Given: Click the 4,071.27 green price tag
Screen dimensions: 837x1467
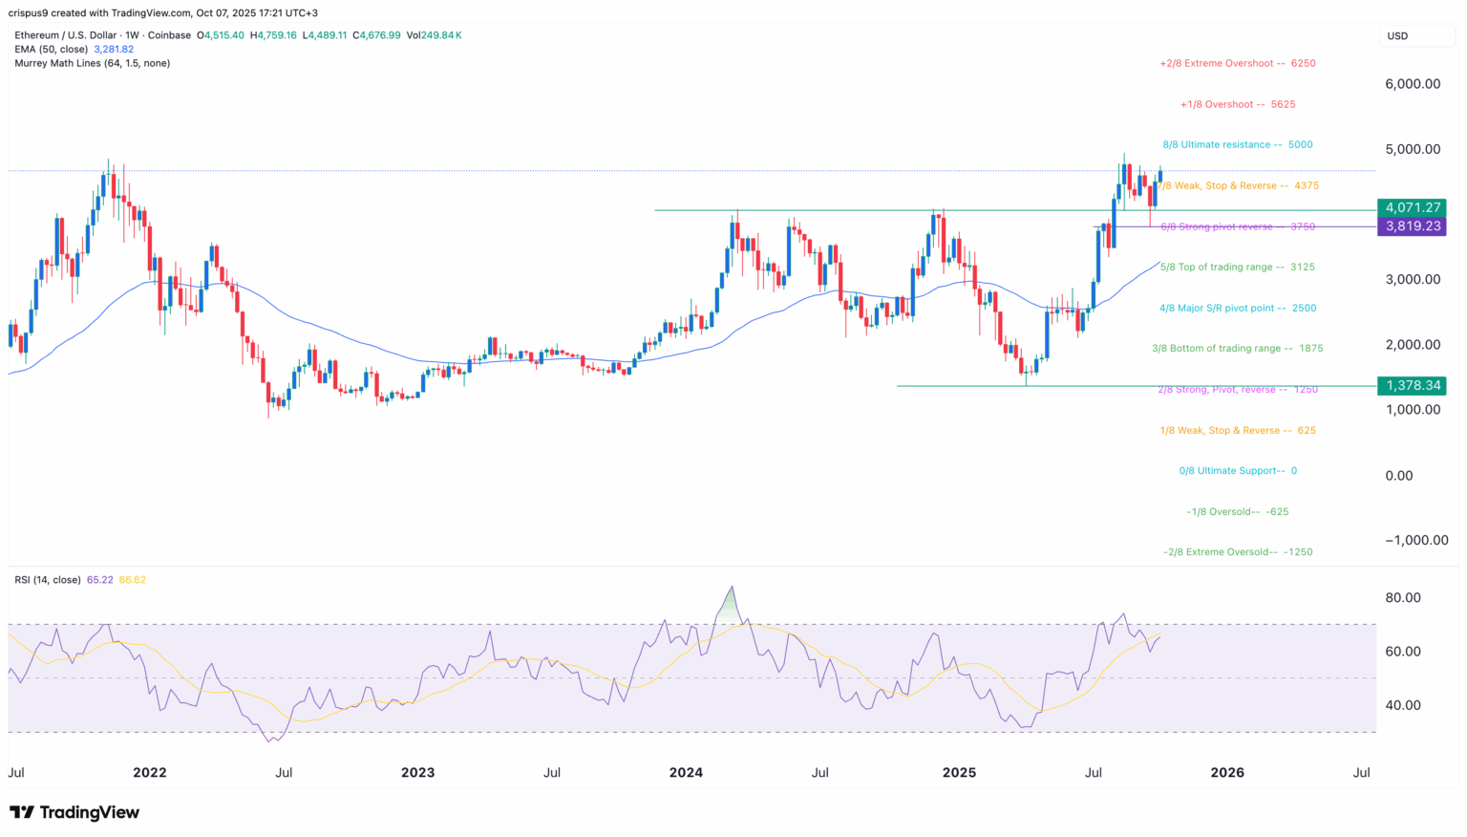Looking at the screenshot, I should [1412, 207].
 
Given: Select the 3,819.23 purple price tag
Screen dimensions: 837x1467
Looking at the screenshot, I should [1412, 226].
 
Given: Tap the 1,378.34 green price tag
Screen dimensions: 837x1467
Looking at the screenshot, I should [1412, 386].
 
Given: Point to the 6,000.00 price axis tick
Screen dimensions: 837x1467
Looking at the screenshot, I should [1413, 84].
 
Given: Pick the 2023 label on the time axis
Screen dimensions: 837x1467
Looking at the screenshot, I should [417, 772].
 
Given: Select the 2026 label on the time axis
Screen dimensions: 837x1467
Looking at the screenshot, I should [1227, 772].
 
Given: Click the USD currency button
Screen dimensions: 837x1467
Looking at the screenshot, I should [1397, 36].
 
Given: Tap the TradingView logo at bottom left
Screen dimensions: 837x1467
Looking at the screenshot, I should [74, 812].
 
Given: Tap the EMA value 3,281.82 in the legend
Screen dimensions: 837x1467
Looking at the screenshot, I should [114, 50].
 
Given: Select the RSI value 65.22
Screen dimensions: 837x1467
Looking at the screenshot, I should [99, 580].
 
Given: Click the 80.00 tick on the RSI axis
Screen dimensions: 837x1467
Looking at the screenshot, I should [1404, 598].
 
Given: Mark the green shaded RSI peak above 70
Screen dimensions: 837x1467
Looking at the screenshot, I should [731, 606].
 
